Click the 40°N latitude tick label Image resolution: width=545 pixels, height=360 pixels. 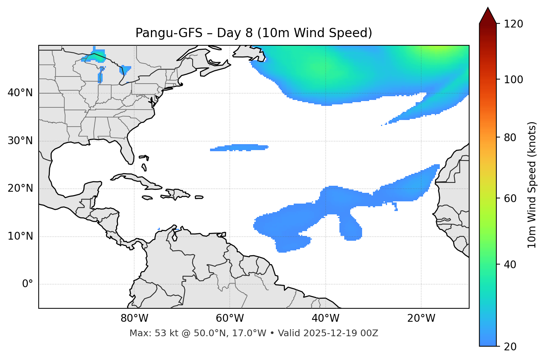click(x=20, y=93)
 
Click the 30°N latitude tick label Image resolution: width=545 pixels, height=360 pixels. click(x=20, y=141)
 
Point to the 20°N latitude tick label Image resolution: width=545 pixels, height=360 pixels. click(x=20, y=188)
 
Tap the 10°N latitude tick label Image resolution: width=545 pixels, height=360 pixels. click(x=20, y=236)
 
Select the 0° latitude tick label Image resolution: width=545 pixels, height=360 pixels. click(x=28, y=284)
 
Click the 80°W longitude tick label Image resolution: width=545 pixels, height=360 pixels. click(x=134, y=318)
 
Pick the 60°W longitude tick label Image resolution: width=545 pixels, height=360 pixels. click(x=230, y=318)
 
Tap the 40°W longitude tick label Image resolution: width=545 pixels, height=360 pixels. click(x=326, y=318)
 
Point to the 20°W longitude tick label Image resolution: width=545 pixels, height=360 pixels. click(x=421, y=318)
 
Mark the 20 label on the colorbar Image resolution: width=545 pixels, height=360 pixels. click(x=510, y=346)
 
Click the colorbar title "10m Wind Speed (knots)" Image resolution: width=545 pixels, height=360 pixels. click(x=532, y=185)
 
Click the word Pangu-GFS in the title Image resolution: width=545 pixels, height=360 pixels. click(x=169, y=33)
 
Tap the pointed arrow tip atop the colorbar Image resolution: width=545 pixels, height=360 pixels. click(x=488, y=9)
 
